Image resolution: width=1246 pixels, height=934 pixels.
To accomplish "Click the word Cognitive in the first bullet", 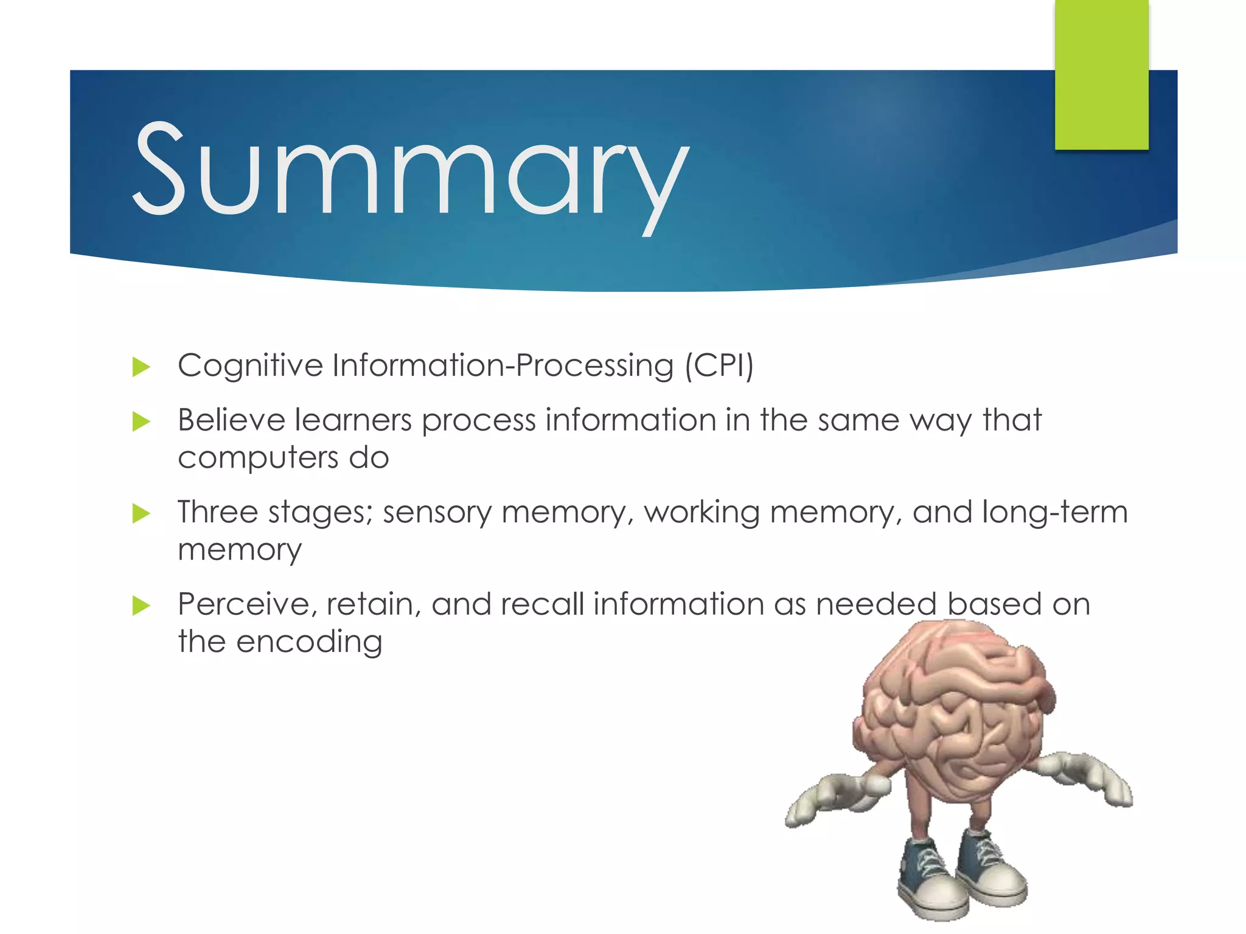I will [x=250, y=366].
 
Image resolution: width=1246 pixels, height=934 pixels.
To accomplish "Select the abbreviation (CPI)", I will [x=719, y=366].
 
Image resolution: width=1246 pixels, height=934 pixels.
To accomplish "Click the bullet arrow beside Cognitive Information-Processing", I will [x=141, y=367].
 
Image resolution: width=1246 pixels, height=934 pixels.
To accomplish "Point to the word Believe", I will [x=231, y=420].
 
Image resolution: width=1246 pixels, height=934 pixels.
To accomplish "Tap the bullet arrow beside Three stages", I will [x=141, y=513].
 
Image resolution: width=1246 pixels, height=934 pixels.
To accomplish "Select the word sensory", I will [x=436, y=513].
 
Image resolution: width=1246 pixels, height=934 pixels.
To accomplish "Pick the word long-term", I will [x=1055, y=512].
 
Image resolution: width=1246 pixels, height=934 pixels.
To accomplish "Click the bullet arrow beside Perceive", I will [x=141, y=605].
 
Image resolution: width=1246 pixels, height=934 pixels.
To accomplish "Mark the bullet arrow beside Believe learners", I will [x=141, y=421].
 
